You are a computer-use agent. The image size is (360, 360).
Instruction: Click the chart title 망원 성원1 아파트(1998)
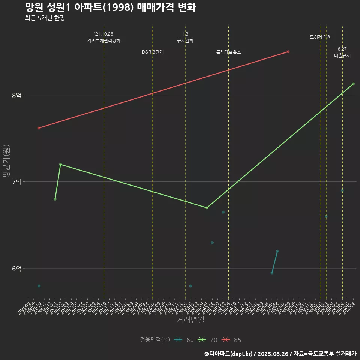coord(110,7)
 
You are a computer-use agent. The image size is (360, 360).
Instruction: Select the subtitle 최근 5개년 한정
coord(45,18)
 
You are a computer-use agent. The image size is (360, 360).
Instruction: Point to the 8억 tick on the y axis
coord(16,95)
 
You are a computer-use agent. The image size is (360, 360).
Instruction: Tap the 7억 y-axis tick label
coord(16,182)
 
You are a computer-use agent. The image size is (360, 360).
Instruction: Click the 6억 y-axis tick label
coord(16,268)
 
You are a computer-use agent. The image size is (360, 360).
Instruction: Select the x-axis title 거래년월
coord(190,320)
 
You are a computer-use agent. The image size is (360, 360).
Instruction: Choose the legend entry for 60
coord(184,340)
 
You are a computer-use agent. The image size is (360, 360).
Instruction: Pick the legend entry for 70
coord(208,340)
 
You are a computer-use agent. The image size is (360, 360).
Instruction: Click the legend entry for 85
coord(231,340)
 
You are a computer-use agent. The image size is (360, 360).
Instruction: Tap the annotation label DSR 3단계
coord(153,52)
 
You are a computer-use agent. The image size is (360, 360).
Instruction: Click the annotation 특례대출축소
coord(229,52)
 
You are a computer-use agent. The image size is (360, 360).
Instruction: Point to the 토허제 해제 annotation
coord(321,37)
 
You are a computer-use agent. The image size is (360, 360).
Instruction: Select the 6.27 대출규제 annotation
coord(342,52)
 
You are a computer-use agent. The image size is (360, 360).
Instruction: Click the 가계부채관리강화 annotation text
coord(104,40)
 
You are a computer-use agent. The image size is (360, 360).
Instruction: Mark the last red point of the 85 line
coord(288,52)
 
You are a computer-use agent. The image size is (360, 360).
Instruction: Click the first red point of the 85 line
coord(39,128)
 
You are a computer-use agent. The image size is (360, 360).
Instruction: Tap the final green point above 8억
coord(353,84)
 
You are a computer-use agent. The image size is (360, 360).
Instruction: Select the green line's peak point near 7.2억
coord(60,165)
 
